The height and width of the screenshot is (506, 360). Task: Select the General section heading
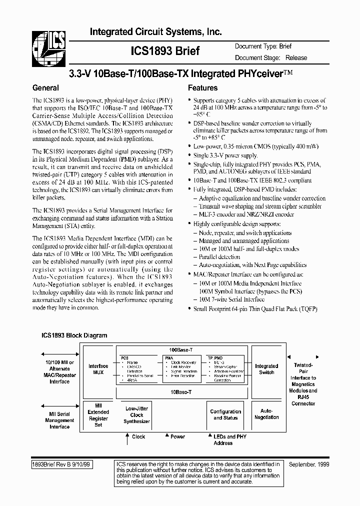pyautogui.click(x=45, y=87)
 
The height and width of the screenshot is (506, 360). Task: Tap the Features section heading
pyautogui.click(x=202, y=87)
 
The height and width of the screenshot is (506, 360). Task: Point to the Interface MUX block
pyautogui.click(x=98, y=369)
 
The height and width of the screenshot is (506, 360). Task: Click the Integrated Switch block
pyautogui.click(x=266, y=369)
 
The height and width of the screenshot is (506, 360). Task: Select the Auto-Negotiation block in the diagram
pyautogui.click(x=266, y=414)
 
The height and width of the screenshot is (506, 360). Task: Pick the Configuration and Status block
pyautogui.click(x=225, y=414)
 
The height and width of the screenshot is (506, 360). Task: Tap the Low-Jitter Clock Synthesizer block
pyautogui.click(x=136, y=415)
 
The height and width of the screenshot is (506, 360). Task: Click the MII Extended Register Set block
pyautogui.click(x=98, y=414)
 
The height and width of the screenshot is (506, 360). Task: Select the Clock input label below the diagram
pyautogui.click(x=138, y=436)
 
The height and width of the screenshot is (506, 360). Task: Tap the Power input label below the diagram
pyautogui.click(x=177, y=436)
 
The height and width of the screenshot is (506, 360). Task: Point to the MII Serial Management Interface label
pyautogui.click(x=59, y=420)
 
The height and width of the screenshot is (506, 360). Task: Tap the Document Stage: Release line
pyautogui.click(x=271, y=57)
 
